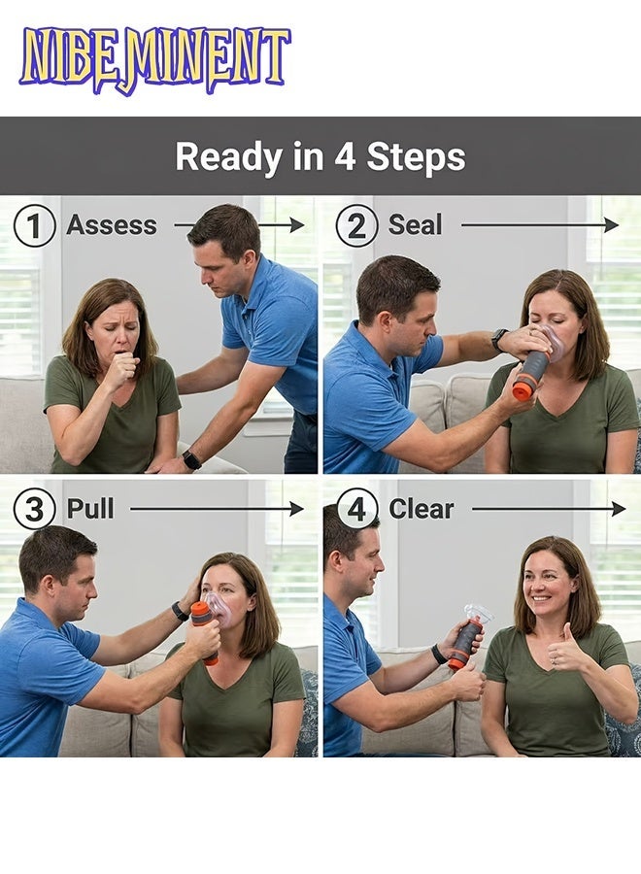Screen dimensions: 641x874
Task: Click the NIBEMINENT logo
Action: [155, 60]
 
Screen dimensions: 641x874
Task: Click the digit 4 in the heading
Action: [345, 156]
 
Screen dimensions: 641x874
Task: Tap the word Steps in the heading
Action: [416, 156]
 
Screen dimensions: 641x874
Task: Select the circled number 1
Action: [35, 225]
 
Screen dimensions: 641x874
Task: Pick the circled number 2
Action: [356, 225]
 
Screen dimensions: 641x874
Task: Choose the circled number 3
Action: [35, 509]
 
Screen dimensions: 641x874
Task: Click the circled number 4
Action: [356, 509]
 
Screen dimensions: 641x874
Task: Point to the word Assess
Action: [112, 225]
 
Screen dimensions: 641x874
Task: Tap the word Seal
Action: [415, 225]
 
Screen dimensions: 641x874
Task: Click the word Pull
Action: [90, 508]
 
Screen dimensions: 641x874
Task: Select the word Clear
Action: [422, 509]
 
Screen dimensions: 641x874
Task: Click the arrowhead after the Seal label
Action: [612, 225]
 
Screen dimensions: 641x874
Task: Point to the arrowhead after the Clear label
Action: [619, 508]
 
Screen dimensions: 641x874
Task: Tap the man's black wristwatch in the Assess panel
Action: [191, 460]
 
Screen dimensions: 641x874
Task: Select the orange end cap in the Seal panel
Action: [526, 387]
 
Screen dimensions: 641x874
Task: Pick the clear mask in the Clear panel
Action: [478, 612]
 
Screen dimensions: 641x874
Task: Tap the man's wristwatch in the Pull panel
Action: [180, 611]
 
